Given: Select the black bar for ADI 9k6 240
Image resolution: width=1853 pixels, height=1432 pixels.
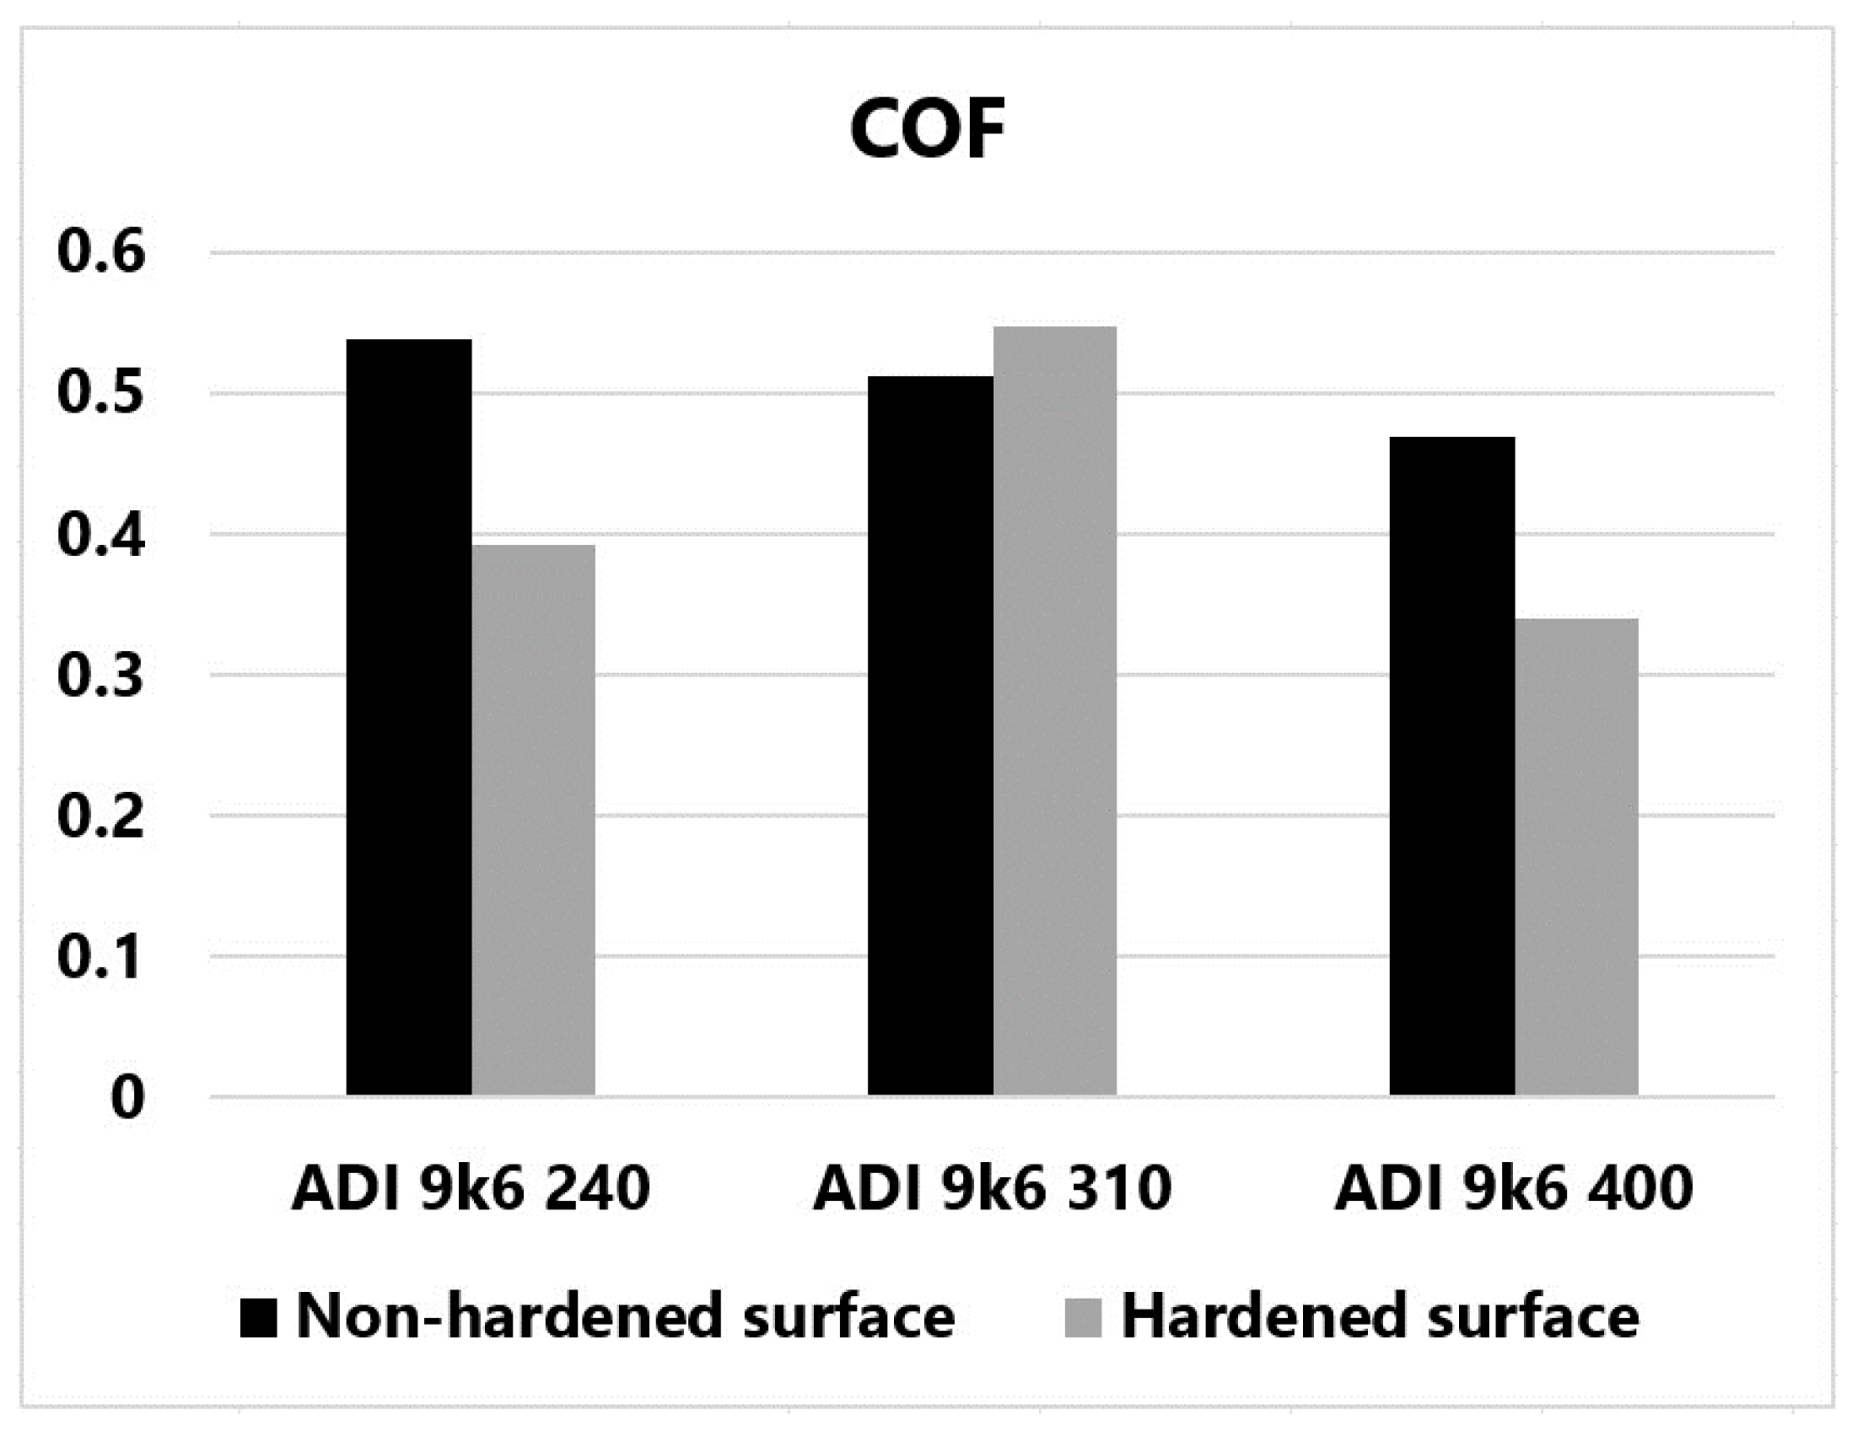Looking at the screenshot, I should [x=409, y=718].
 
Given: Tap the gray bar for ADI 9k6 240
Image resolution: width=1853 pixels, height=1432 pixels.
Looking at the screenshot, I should [x=534, y=820].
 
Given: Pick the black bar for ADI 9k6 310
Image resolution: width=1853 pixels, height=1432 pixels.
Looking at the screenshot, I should [x=930, y=735].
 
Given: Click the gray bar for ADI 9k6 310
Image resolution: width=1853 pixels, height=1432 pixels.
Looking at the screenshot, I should [x=1055, y=710].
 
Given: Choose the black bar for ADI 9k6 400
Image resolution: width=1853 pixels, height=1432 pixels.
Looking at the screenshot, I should [x=1451, y=766].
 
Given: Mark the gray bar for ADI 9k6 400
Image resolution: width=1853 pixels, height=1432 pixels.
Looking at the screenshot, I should [x=1576, y=857].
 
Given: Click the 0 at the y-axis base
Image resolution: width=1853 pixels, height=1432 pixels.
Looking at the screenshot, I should [x=127, y=1099].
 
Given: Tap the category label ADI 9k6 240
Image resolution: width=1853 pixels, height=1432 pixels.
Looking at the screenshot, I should [x=471, y=1189].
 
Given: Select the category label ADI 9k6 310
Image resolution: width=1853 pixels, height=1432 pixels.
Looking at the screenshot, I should [x=992, y=1189].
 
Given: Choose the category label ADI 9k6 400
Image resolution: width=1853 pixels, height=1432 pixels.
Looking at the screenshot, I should [x=1515, y=1189].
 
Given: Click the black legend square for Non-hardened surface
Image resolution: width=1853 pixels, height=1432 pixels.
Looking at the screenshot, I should [x=258, y=1318].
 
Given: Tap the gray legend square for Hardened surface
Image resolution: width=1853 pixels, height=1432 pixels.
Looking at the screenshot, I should [x=1083, y=1318].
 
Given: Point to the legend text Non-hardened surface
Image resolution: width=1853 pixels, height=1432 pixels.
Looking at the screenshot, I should [x=625, y=1318].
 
